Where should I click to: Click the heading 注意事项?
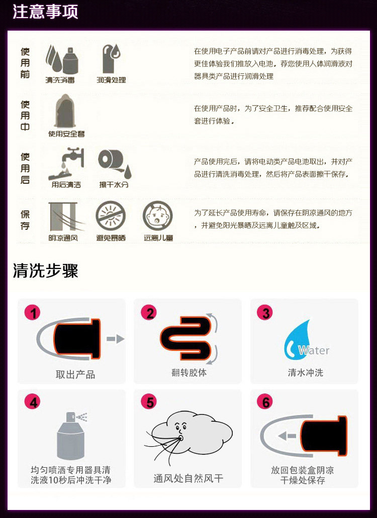(45, 11)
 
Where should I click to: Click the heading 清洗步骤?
(45, 271)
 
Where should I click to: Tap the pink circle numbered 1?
(32, 313)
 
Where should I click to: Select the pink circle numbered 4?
(32, 403)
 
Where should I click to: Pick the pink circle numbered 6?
(265, 403)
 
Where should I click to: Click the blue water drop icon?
(298, 340)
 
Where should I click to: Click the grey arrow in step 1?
(116, 339)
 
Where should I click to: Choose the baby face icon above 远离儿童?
(158, 216)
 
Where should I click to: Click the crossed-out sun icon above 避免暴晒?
(111, 216)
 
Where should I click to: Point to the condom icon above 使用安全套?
(65, 111)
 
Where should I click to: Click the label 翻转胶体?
(189, 372)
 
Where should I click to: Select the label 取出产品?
(75, 374)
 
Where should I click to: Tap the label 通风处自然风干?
(188, 478)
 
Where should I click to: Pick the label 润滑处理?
(111, 80)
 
